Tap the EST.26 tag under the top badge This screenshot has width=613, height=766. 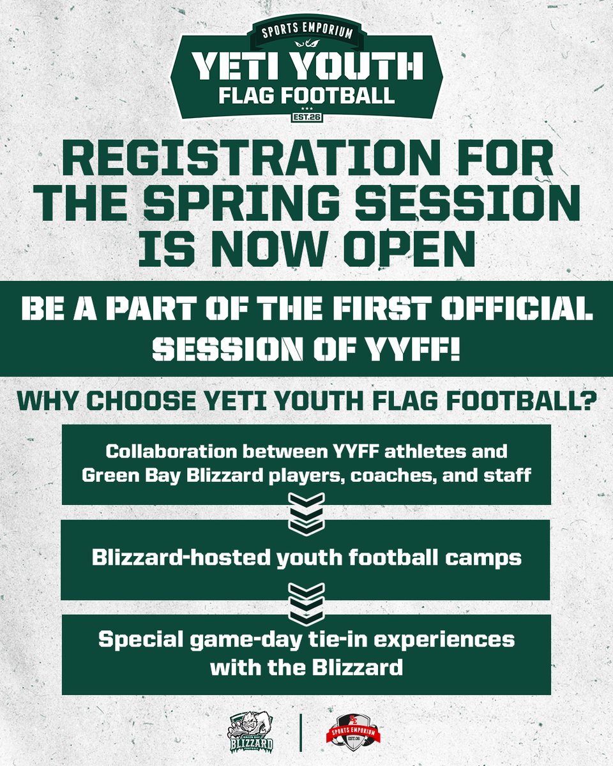[x=306, y=116]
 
